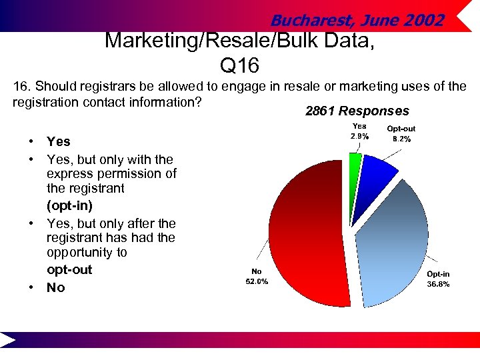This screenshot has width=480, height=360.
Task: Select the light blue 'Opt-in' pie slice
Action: (x=393, y=247)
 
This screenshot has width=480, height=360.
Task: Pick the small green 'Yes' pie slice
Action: (x=355, y=163)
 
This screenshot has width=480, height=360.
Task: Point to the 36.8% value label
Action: (x=438, y=284)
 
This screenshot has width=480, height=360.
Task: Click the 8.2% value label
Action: (x=401, y=139)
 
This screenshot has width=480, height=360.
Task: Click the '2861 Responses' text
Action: (x=357, y=111)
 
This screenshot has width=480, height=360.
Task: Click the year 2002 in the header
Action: (x=424, y=21)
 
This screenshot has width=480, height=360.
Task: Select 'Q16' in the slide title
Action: (x=238, y=67)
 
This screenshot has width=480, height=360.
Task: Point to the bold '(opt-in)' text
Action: (x=69, y=205)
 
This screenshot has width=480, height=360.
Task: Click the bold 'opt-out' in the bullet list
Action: (x=69, y=269)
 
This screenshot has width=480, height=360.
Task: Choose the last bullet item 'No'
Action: (x=56, y=287)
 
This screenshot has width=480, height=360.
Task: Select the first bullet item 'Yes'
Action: (x=58, y=141)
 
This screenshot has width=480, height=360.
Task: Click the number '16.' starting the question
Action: (x=22, y=87)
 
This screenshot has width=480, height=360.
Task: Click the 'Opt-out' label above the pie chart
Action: (x=401, y=129)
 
